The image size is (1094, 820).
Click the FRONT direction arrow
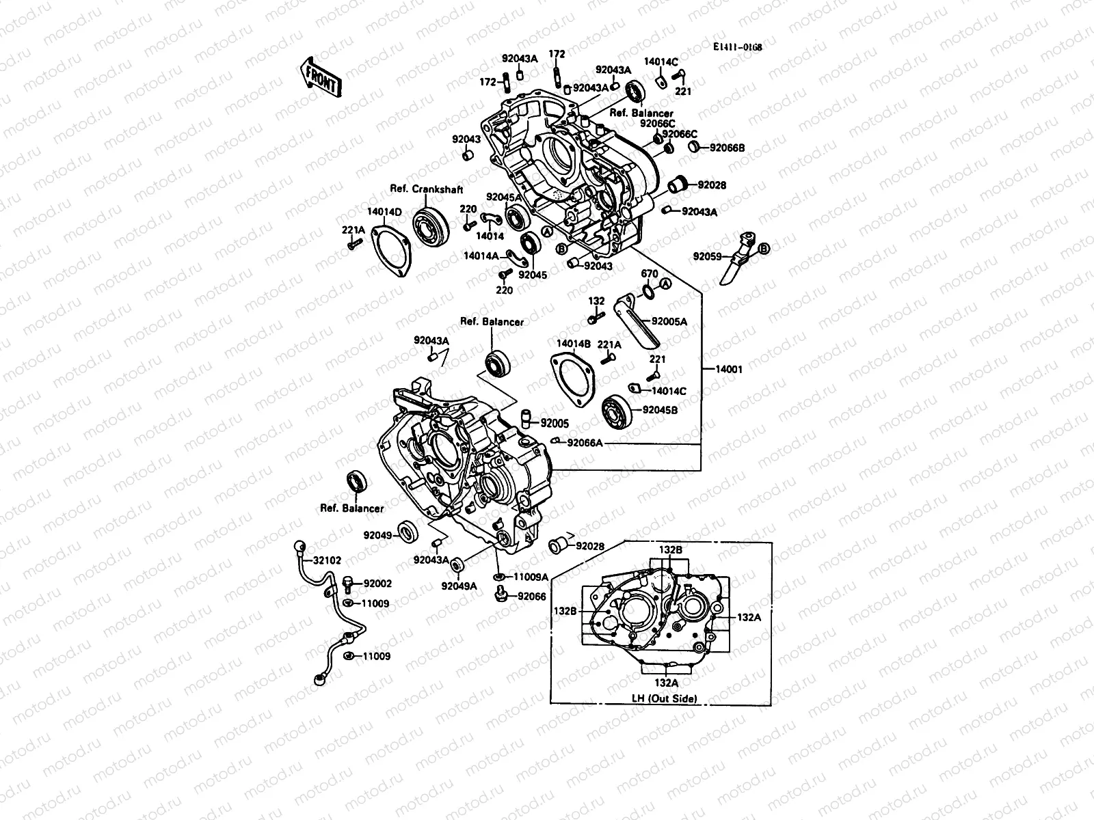pos(320,77)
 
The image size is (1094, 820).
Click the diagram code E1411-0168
pos(737,47)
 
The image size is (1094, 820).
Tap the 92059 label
pos(708,257)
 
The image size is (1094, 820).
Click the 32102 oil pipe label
pos(328,560)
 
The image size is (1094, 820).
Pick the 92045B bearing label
pos(660,411)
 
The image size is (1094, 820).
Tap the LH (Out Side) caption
pos(663,698)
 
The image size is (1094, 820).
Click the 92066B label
pos(727,147)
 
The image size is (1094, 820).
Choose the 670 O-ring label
pos(650,274)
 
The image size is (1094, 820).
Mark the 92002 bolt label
pos(377,584)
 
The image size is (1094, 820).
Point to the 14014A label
pos(481,256)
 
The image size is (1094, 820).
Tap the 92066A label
pos(585,443)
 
